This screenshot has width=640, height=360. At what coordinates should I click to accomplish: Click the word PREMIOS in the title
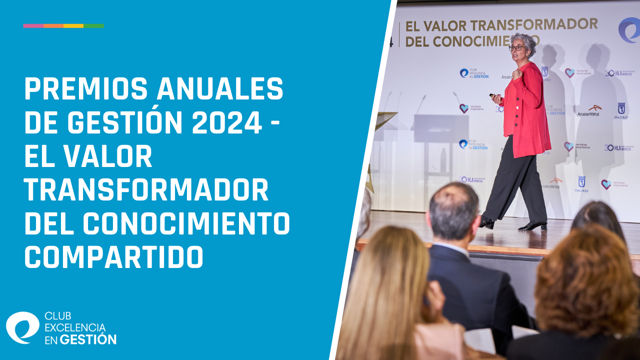tap(85, 90)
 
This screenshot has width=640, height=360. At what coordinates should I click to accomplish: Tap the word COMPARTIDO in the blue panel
tap(114, 257)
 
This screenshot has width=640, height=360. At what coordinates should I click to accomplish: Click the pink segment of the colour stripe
tap(33, 25)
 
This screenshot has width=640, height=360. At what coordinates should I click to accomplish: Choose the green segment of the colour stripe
tap(93, 25)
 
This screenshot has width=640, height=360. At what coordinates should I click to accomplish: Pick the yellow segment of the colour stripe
tap(73, 25)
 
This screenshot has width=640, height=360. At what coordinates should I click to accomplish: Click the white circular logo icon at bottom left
tap(22, 327)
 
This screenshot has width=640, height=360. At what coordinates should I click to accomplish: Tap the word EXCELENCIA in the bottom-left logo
tap(75, 327)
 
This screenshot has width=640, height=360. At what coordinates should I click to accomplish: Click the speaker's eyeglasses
tap(516, 48)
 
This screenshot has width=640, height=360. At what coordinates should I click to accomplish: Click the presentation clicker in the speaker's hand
tap(493, 95)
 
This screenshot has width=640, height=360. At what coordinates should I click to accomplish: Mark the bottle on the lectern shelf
tap(443, 160)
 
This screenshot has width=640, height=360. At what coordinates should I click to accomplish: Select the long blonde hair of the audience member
tap(385, 285)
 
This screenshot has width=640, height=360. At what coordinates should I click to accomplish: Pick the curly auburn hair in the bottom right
tap(585, 280)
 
